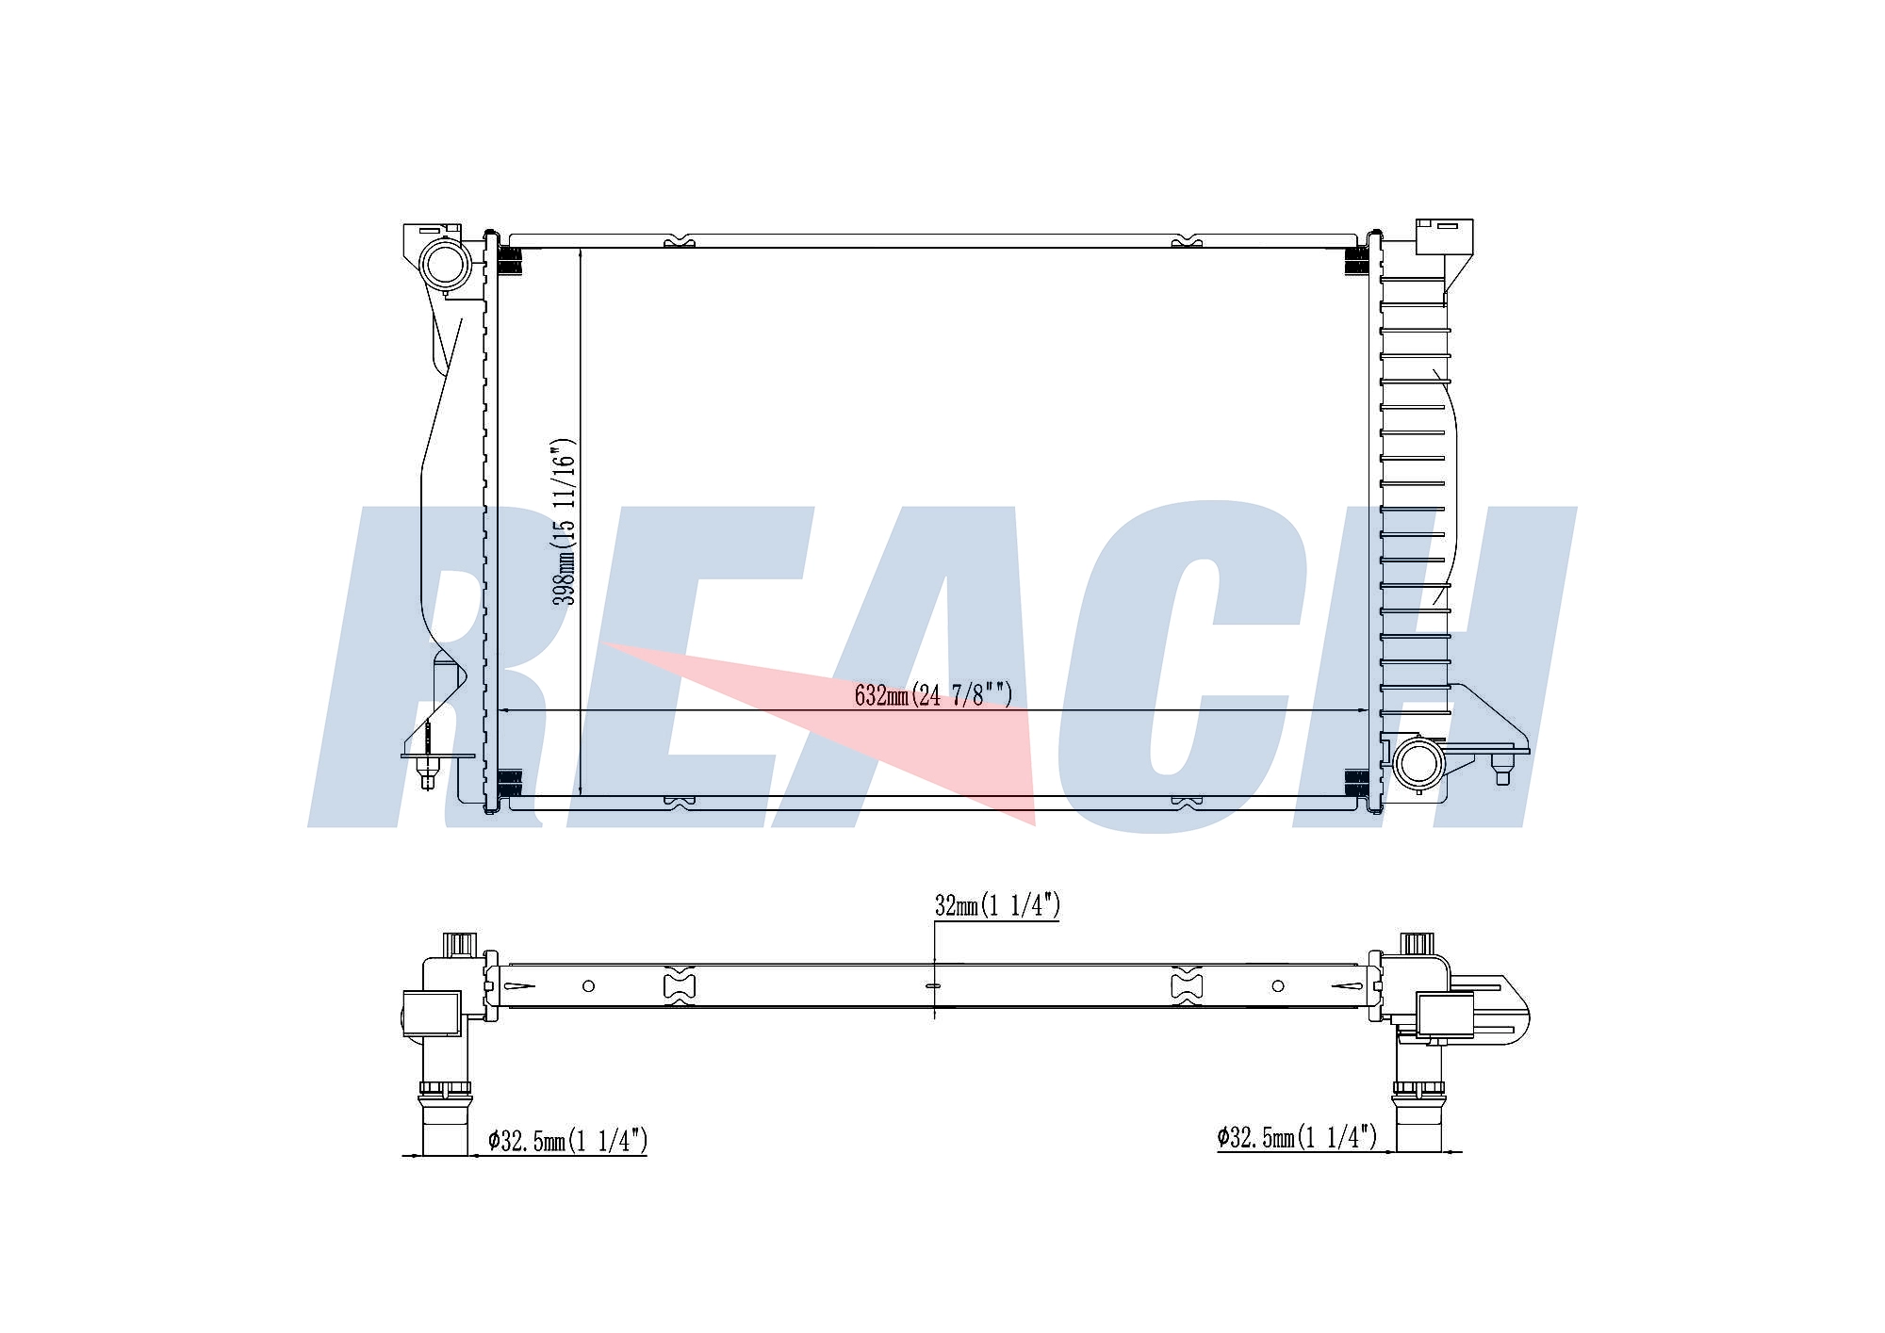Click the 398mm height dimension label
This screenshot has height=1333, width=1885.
pos(564,521)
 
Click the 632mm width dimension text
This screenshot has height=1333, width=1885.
pos(933,695)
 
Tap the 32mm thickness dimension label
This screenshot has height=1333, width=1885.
pos(997,905)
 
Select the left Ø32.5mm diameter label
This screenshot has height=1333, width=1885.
pos(567,1141)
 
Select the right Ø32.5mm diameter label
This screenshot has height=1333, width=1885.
pos(1297,1137)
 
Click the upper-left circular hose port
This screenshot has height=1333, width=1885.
pos(445,264)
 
